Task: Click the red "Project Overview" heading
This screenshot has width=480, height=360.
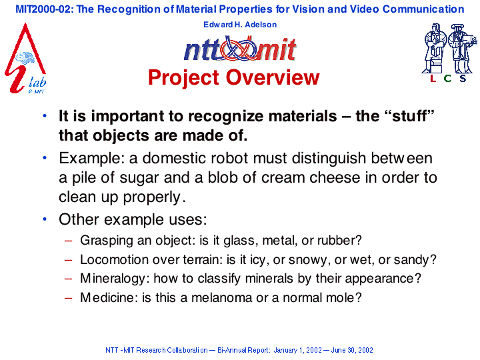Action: pos(234,77)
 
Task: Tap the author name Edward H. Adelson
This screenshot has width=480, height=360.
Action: pos(240,25)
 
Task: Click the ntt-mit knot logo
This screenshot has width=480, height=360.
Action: pos(240,49)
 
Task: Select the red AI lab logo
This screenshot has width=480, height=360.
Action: pos(25,58)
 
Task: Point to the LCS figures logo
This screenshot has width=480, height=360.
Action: pos(449,53)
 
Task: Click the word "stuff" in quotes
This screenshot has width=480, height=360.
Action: pos(409,116)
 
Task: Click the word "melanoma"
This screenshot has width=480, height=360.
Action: pos(221,297)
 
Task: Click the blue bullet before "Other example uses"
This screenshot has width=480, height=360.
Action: pos(45,219)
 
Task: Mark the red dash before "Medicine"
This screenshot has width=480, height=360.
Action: pos(69,298)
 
